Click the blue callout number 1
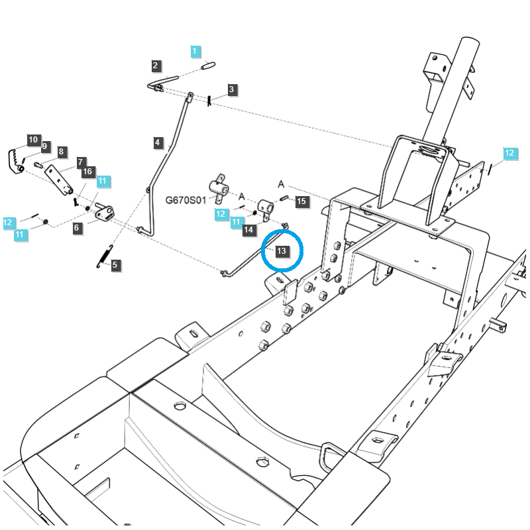click(x=194, y=51)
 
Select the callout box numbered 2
click(x=155, y=66)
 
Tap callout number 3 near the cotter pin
click(x=231, y=89)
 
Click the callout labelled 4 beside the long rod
click(x=158, y=142)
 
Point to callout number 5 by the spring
click(x=115, y=265)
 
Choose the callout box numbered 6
click(x=77, y=228)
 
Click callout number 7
click(x=81, y=162)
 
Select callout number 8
click(x=61, y=152)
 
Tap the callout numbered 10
click(x=33, y=139)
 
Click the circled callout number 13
click(x=282, y=251)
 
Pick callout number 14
click(x=248, y=230)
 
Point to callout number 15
click(x=301, y=201)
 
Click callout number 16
click(x=87, y=172)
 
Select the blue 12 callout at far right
click(x=509, y=154)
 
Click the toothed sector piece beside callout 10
click(x=13, y=162)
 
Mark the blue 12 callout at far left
click(x=8, y=223)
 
